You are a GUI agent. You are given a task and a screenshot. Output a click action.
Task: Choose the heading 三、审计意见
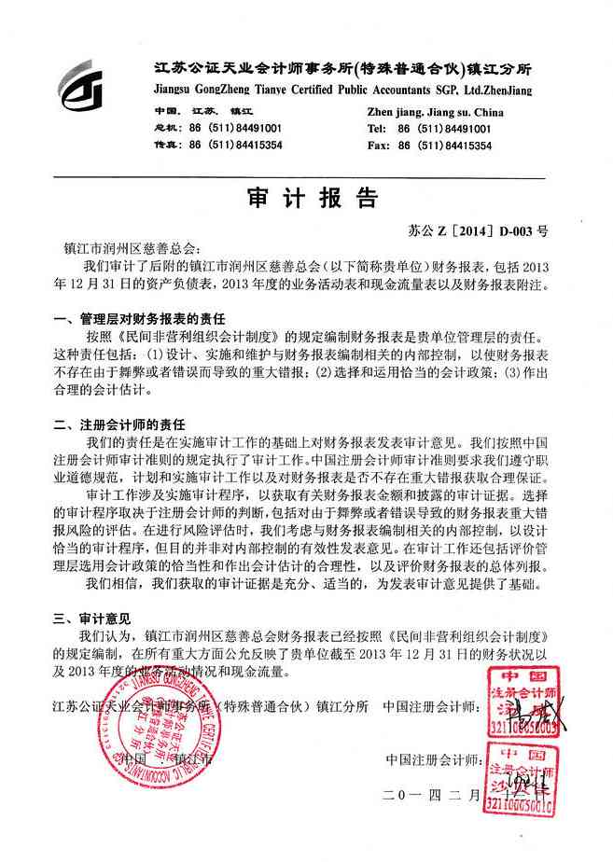92,618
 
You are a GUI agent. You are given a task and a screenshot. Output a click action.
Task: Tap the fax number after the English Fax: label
445,146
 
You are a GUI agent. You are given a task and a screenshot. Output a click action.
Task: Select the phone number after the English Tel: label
444,129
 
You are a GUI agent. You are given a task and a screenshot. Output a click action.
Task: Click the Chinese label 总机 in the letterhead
164,129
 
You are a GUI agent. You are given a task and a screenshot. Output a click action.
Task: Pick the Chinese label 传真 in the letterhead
164,146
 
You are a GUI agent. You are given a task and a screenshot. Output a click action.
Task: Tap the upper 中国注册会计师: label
433,706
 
